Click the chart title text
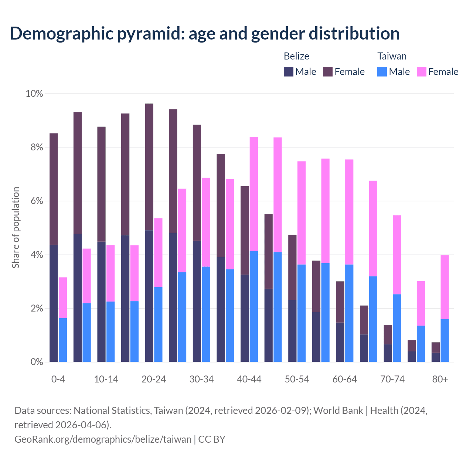[x=205, y=33]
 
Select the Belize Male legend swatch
[x=289, y=72]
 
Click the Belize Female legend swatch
[x=328, y=72]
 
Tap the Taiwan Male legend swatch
[x=382, y=72]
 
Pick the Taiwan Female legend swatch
[x=421, y=72]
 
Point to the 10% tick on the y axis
[x=34, y=94]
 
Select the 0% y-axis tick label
[x=36, y=362]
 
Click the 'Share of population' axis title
[x=16, y=228]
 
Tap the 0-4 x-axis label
[x=58, y=380]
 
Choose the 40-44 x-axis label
[x=249, y=380]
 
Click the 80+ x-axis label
[x=440, y=380]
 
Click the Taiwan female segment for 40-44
[x=254, y=194]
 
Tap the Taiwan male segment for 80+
[x=445, y=340]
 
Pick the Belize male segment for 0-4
[x=54, y=303]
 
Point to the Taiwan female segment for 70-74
[x=397, y=255]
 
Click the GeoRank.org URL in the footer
[x=103, y=439]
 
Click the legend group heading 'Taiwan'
[x=392, y=56]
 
